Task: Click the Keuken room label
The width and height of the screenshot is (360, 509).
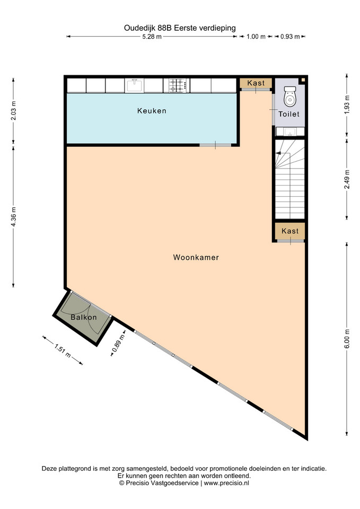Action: tap(152, 111)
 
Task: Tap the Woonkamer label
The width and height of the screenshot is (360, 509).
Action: tap(196, 258)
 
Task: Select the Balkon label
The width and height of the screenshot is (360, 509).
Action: tap(84, 317)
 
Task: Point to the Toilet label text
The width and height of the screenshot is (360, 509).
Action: tap(288, 114)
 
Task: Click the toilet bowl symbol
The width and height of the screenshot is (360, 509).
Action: tap(290, 96)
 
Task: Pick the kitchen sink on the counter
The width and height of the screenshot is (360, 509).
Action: tap(134, 85)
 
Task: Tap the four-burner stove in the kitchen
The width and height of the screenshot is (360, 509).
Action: tap(177, 85)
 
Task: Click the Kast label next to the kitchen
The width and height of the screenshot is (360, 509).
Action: tap(256, 83)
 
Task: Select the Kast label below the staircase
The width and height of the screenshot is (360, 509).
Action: tap(290, 231)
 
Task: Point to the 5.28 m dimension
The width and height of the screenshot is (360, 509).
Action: tap(152, 37)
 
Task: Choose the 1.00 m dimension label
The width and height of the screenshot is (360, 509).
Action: tap(256, 37)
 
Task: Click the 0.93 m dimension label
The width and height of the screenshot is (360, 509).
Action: tap(290, 37)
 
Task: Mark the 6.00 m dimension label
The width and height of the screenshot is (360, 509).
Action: tap(347, 339)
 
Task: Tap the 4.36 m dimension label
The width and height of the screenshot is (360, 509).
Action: tap(13, 216)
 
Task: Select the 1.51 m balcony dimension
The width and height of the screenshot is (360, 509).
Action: tap(63, 351)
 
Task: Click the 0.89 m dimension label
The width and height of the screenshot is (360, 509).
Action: tap(118, 343)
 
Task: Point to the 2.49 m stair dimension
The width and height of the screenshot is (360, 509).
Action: tap(347, 180)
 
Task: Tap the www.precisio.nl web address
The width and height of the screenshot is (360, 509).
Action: tap(226, 483)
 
